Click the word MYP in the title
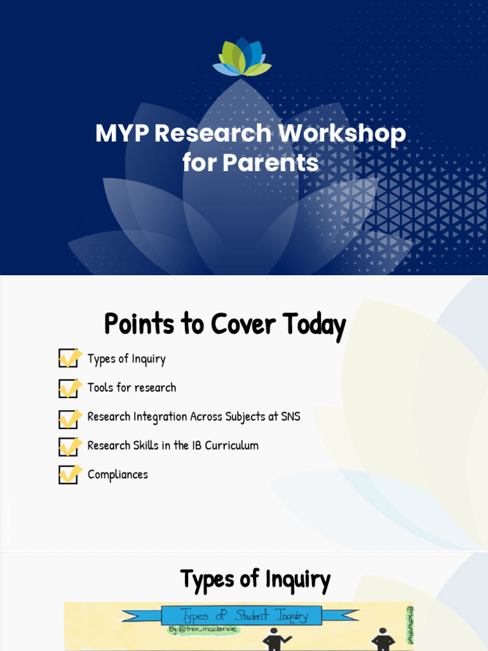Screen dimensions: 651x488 click(121, 134)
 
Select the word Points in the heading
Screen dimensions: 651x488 click(139, 324)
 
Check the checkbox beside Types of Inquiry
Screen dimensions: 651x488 click(68, 359)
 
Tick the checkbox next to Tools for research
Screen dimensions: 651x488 click(68, 388)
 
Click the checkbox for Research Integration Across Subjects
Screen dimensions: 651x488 click(68, 418)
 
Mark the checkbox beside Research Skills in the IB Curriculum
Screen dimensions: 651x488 click(68, 446)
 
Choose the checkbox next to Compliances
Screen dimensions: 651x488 click(68, 475)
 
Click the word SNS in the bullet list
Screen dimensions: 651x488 click(290, 417)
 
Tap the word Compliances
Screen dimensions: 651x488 click(118, 475)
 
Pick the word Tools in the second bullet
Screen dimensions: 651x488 click(100, 388)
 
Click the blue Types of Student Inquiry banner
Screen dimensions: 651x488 click(241, 615)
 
